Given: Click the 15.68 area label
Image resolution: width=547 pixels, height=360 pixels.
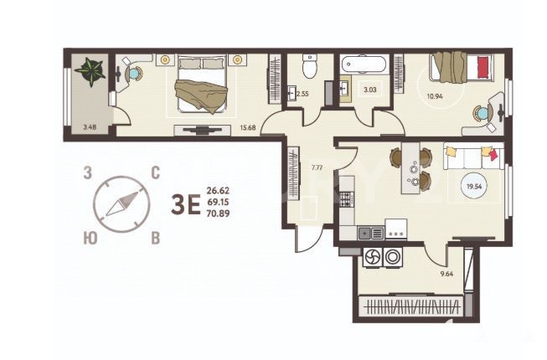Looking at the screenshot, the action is (248, 127).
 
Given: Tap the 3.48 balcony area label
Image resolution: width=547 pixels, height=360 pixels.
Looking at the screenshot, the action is (90, 127).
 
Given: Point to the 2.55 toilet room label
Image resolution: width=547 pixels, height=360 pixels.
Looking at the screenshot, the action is (302, 94).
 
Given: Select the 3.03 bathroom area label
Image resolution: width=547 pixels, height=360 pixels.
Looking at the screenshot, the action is (370, 90).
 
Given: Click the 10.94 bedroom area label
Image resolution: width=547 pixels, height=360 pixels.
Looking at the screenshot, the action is (435, 96).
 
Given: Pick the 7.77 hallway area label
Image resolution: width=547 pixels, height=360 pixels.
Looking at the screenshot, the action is (317, 167).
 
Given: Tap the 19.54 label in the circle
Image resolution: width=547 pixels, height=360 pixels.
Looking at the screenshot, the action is (474, 187).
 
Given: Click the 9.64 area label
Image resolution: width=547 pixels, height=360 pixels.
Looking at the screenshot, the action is (446, 274).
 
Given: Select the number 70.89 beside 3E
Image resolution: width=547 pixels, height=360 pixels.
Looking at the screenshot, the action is (218, 213).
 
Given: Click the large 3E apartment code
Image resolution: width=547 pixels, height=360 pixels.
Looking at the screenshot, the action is (186, 205).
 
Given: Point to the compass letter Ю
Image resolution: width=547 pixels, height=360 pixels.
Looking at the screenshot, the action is (90, 239).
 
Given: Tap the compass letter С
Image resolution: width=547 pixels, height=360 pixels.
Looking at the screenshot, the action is (155, 172).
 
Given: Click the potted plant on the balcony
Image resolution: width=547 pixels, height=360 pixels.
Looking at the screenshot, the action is (90, 71).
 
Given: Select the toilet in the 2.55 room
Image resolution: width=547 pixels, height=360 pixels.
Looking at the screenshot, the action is (309, 66).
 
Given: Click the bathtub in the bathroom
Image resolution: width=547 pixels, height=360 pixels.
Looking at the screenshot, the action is (364, 64).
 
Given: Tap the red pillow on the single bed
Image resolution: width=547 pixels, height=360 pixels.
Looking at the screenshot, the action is (482, 69).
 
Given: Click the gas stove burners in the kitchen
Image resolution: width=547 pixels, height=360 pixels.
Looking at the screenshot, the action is (347, 199).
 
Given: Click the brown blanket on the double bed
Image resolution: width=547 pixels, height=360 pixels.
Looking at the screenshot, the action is (201, 95).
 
